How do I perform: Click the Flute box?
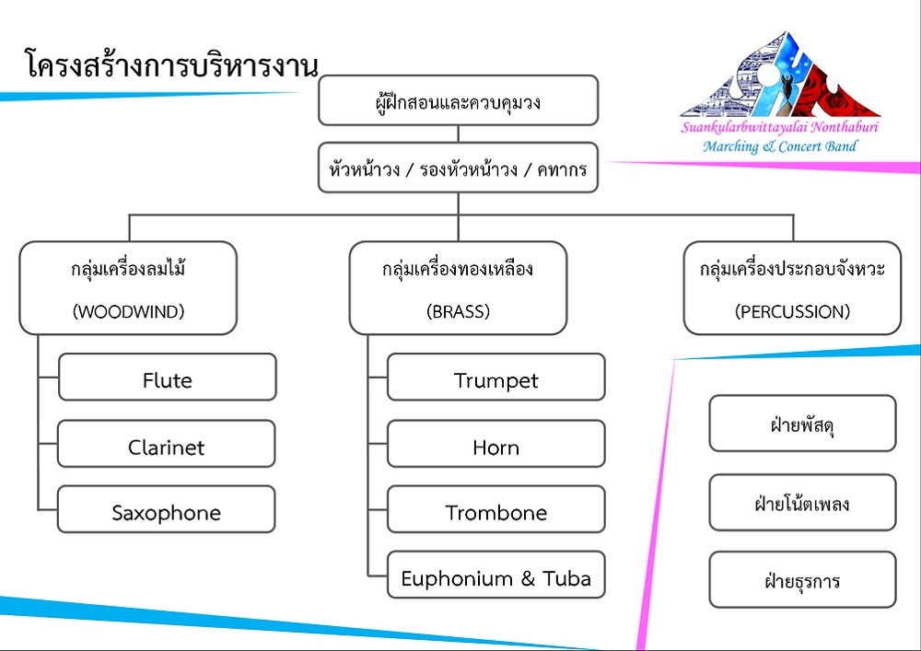[x=168, y=377]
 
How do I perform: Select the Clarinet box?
[x=166, y=444]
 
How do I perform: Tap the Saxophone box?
[x=166, y=509]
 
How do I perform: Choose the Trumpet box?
[x=496, y=377]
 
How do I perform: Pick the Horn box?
[x=496, y=444]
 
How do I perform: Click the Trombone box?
[x=496, y=509]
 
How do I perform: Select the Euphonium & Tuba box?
[x=496, y=575]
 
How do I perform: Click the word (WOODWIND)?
[x=129, y=312]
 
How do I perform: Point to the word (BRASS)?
[x=458, y=312]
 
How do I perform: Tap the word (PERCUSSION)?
[x=792, y=312]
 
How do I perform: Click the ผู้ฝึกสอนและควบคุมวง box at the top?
[x=458, y=100]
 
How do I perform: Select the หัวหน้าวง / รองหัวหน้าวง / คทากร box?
[x=458, y=168]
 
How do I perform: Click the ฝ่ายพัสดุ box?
[x=802, y=424]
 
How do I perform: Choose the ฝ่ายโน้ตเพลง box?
[x=802, y=503]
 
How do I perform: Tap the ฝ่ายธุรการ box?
[x=802, y=579]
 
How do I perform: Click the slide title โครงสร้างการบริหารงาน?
[x=171, y=64]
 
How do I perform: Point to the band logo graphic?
[x=780, y=75]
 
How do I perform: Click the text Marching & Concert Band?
[x=780, y=146]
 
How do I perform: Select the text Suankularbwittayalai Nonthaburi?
[x=779, y=127]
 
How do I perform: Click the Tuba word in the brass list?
[x=566, y=579]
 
